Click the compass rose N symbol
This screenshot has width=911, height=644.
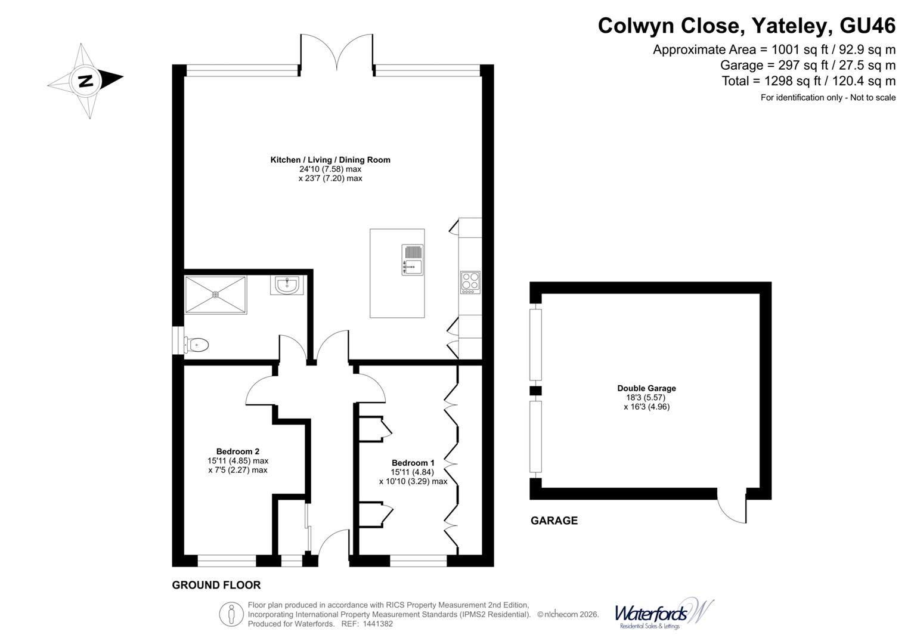(86, 80)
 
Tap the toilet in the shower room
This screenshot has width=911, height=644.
(196, 345)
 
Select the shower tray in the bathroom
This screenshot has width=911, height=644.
(215, 294)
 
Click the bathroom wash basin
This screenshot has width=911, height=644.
(287, 285)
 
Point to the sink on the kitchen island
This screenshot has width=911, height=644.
(412, 260)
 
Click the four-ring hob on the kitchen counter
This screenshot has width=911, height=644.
(470, 282)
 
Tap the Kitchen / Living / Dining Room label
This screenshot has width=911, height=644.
(330, 160)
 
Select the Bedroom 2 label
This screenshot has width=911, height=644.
(237, 451)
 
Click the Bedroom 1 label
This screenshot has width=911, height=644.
(413, 463)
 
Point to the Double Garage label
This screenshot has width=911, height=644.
(646, 388)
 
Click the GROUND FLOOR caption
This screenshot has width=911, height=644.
(216, 585)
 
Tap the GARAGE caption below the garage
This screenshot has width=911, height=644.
(554, 521)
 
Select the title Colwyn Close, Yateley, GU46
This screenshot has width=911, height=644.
(746, 26)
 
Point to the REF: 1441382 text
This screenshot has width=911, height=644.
(367, 624)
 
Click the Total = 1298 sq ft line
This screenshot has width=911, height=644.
(808, 81)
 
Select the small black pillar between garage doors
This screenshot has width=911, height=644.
(536, 391)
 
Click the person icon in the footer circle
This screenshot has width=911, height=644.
(231, 614)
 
